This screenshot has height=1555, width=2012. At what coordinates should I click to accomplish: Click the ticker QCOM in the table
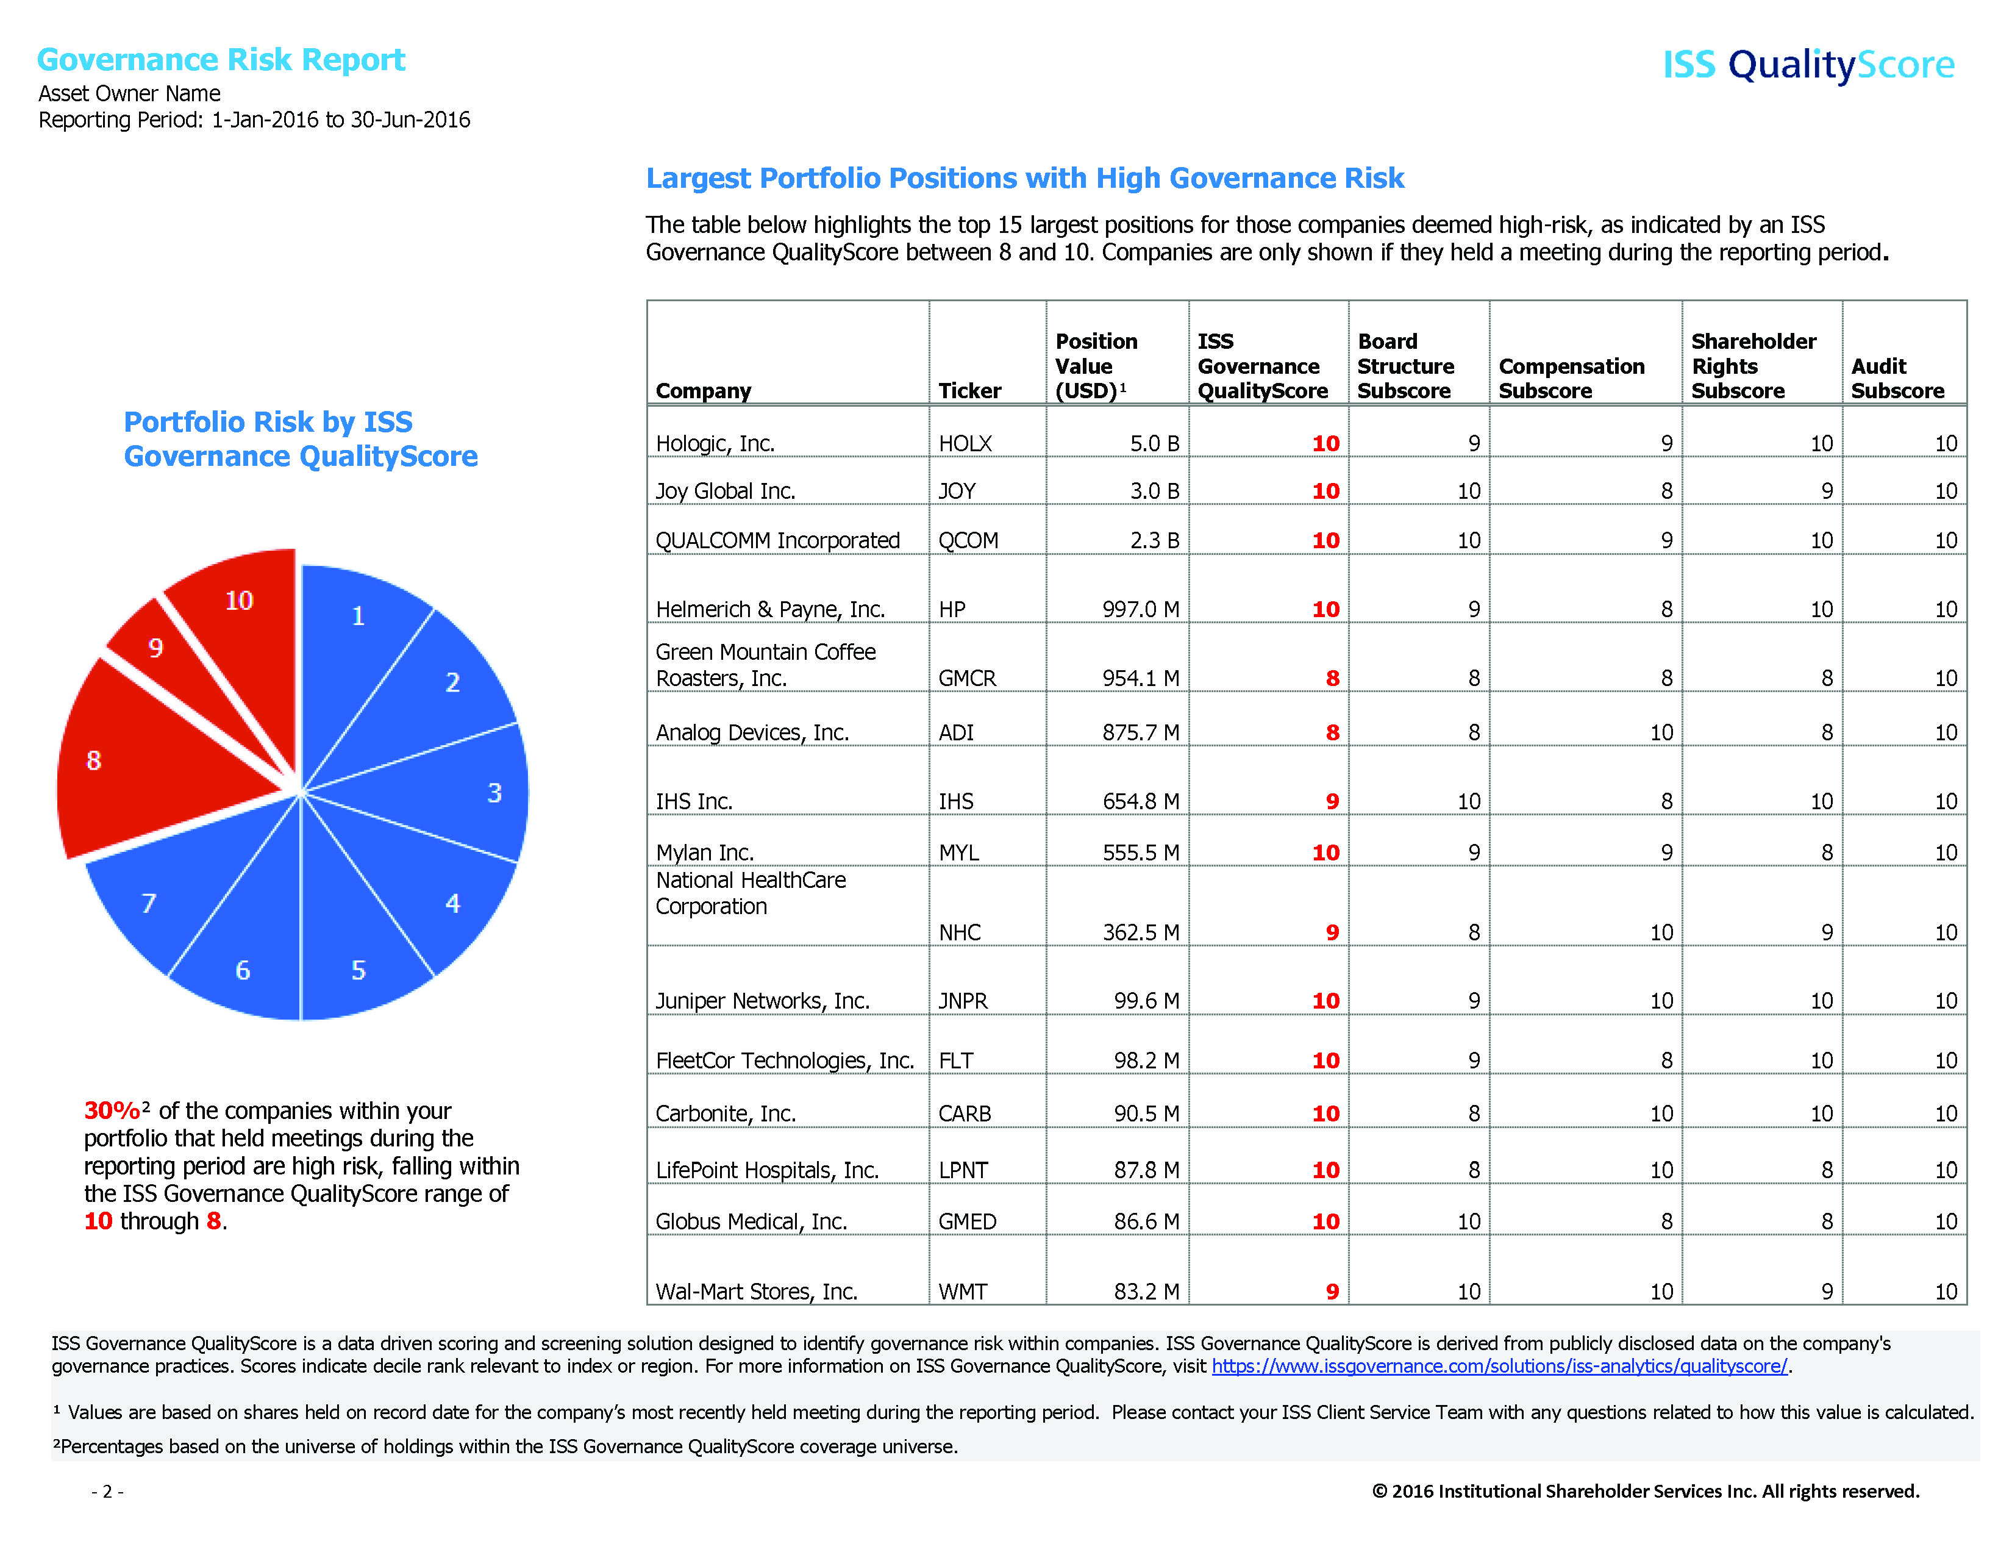[968, 541]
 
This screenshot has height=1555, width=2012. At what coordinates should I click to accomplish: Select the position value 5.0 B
[1154, 444]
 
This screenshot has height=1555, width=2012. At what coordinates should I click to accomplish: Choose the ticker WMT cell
[963, 1292]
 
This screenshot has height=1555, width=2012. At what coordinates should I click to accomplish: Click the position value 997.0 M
[1141, 610]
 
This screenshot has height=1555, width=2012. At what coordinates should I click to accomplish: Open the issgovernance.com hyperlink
[1499, 1366]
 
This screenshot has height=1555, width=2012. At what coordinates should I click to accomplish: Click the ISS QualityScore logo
[1808, 65]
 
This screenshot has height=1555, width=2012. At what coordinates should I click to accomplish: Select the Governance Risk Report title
[221, 60]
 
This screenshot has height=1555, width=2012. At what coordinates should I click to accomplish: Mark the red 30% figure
[112, 1111]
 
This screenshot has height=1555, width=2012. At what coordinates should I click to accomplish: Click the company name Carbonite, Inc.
[725, 1114]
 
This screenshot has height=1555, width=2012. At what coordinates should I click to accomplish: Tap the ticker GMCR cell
[968, 679]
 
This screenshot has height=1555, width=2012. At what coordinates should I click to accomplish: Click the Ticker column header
[969, 391]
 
